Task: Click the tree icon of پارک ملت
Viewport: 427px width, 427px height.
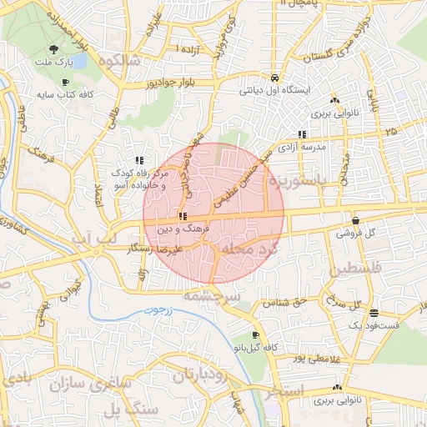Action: click(x=54, y=50)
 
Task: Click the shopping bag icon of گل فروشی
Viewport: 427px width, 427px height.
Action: click(x=356, y=221)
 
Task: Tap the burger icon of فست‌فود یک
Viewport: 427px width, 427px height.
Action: click(x=373, y=313)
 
